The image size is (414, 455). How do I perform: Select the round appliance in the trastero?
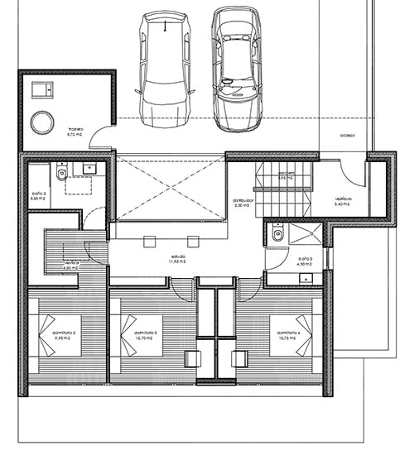(x=41, y=122)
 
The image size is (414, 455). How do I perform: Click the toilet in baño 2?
(x=60, y=175)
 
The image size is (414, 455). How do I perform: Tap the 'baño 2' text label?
(x=37, y=198)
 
